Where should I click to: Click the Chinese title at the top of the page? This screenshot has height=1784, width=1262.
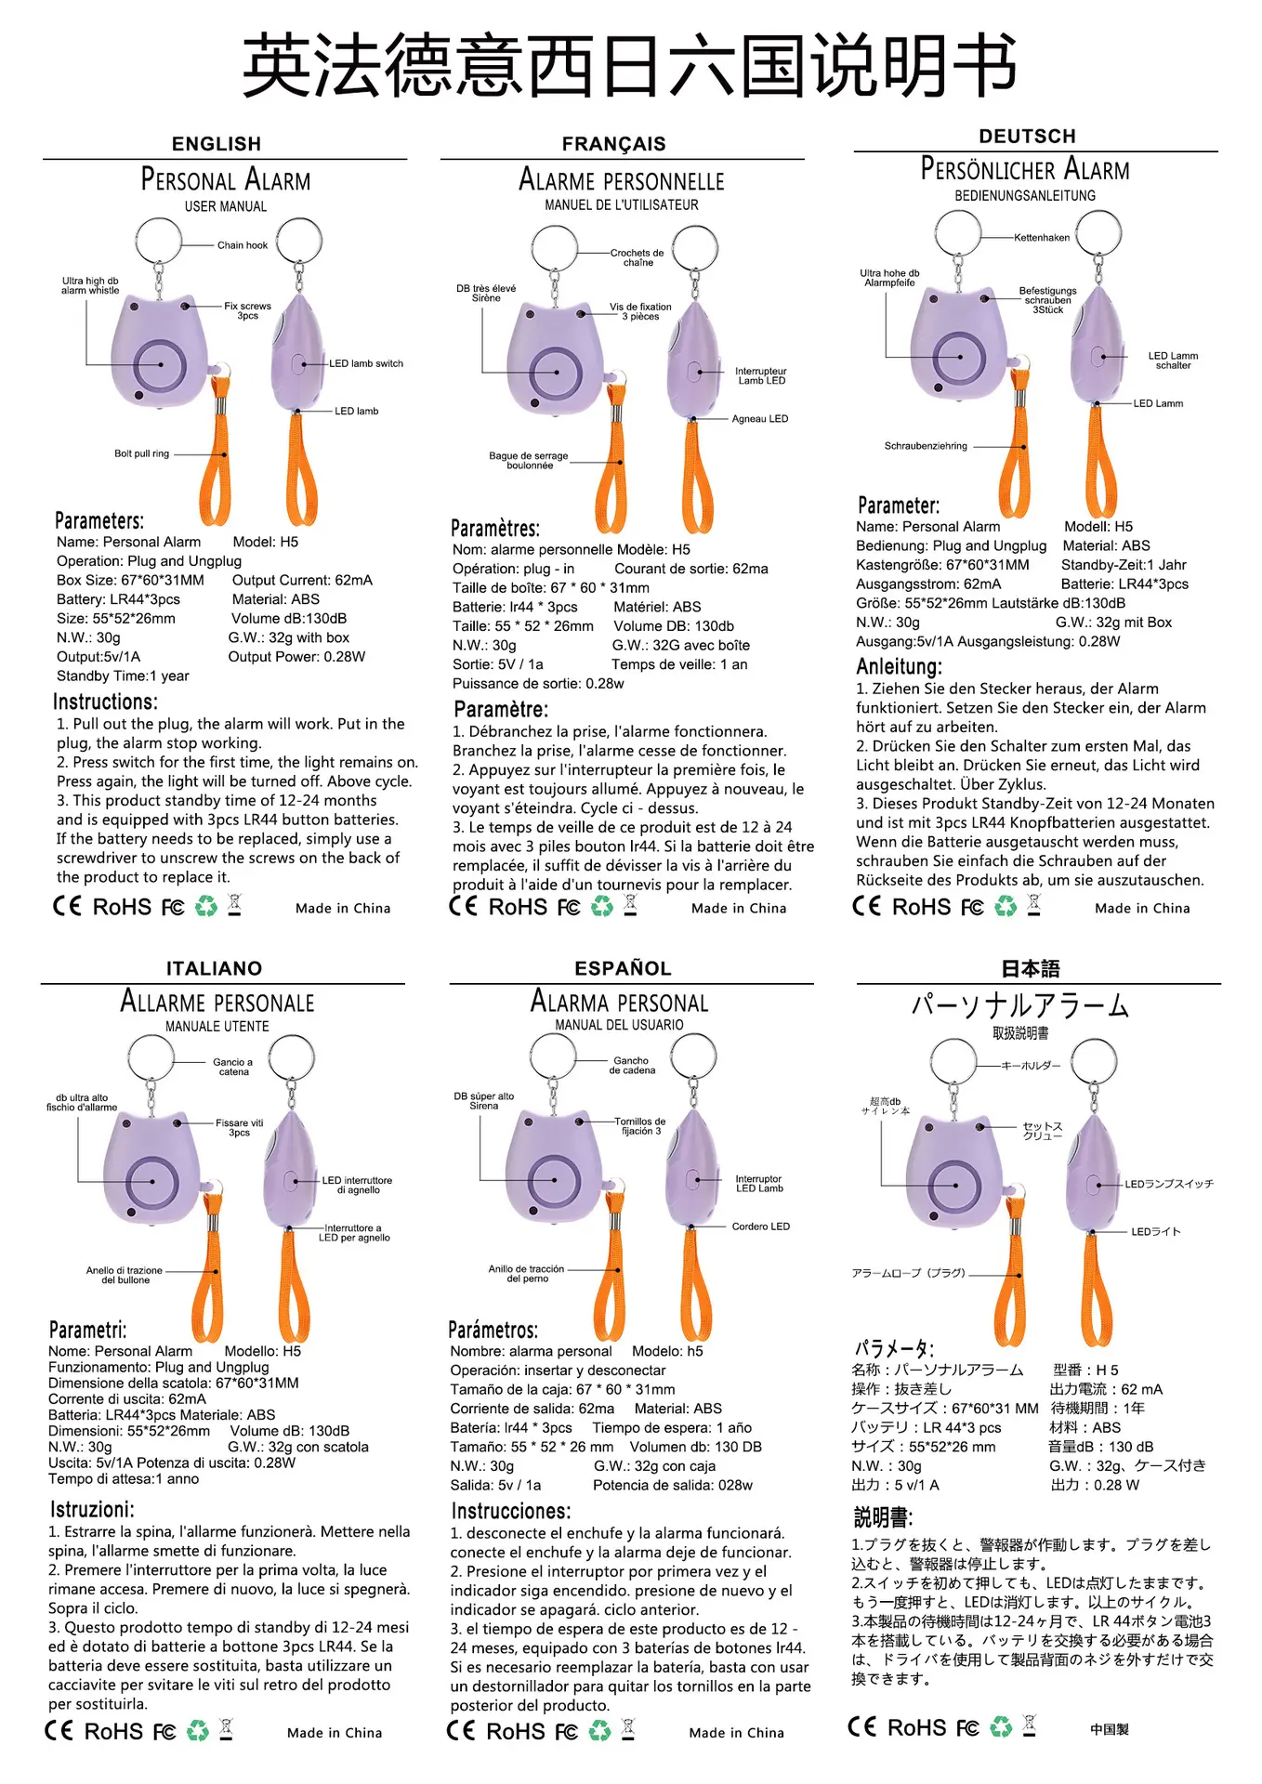[630, 65]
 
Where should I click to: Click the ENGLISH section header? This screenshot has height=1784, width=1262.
[217, 144]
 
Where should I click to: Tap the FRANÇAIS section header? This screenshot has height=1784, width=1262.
[614, 144]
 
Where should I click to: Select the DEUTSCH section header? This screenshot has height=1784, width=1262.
[1027, 137]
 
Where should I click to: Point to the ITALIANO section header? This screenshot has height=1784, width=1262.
[214, 968]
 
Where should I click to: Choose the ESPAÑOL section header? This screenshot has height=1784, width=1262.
[623, 968]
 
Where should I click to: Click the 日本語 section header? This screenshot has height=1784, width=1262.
[1031, 969]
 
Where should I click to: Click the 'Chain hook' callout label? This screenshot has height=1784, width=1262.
[243, 245]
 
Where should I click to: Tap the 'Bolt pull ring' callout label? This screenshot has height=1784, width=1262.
[141, 453]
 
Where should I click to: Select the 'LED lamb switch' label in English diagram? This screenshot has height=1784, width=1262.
[366, 363]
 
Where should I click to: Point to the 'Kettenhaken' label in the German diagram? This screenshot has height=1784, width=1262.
[1042, 238]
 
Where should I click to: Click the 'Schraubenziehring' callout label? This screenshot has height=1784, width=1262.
[926, 446]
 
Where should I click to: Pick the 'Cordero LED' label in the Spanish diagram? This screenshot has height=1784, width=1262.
[760, 1226]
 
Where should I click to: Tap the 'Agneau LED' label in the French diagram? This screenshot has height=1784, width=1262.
[759, 419]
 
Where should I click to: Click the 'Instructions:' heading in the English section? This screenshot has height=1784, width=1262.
[105, 702]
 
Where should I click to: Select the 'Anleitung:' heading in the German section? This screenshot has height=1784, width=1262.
[899, 666]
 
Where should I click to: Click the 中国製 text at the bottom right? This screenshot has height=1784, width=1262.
[1110, 1729]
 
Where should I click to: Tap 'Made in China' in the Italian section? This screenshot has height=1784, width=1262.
[335, 1733]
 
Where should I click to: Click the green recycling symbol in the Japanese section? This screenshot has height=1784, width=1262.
[1001, 1727]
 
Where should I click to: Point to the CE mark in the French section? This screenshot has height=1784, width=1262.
[463, 906]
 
